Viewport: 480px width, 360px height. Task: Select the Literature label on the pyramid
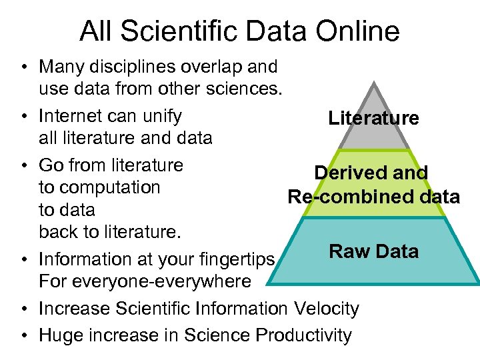373,119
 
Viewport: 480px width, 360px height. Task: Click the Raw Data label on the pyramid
373,251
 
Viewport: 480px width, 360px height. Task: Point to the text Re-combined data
373,197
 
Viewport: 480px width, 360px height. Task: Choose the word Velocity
325,309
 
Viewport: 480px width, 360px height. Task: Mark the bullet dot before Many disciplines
23,67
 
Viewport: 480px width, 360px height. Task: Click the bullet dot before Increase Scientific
23,309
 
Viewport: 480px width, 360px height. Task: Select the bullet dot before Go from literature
23,165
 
